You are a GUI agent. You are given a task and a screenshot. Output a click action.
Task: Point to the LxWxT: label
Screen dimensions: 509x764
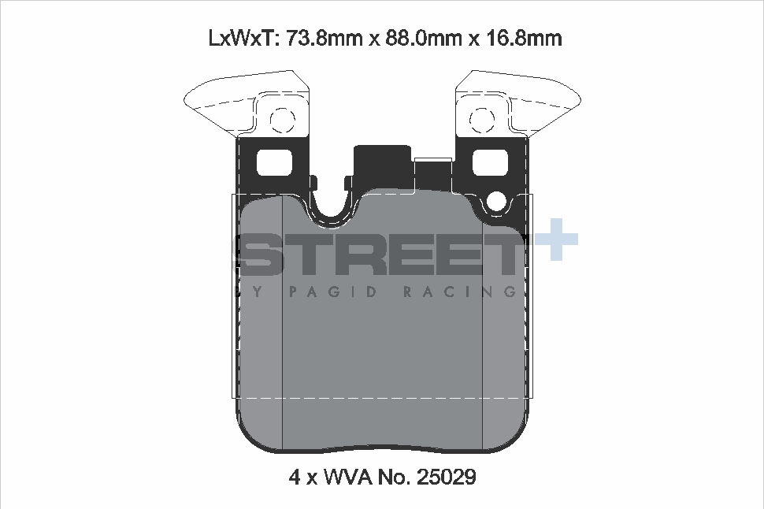point(241,38)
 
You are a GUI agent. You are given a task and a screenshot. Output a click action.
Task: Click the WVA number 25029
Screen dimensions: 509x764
point(447,477)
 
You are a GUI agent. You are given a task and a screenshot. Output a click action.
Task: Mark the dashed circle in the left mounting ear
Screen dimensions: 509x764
point(281,121)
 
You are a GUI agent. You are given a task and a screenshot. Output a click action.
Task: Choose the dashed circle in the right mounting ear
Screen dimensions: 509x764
point(481,121)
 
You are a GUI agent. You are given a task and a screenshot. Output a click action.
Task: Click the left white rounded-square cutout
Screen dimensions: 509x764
point(273,163)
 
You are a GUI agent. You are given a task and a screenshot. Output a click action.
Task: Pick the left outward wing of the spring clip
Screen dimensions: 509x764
point(217,98)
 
